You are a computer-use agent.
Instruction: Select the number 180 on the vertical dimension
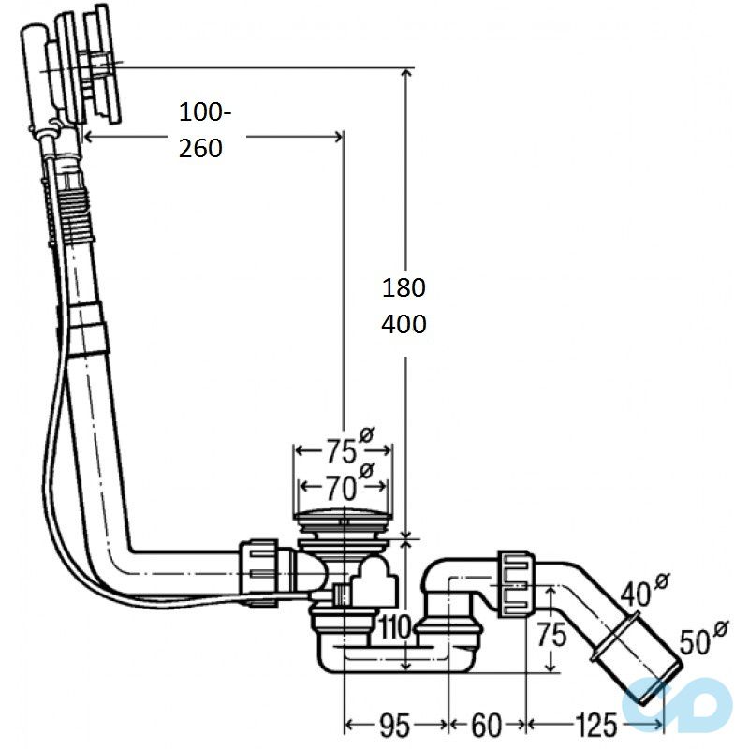point(404,286)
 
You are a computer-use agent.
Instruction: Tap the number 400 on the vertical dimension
point(404,324)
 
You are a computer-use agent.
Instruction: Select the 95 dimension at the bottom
point(396,724)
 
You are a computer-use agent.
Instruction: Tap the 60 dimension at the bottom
point(486,724)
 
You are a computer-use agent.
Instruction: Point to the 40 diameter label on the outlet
point(639,593)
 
